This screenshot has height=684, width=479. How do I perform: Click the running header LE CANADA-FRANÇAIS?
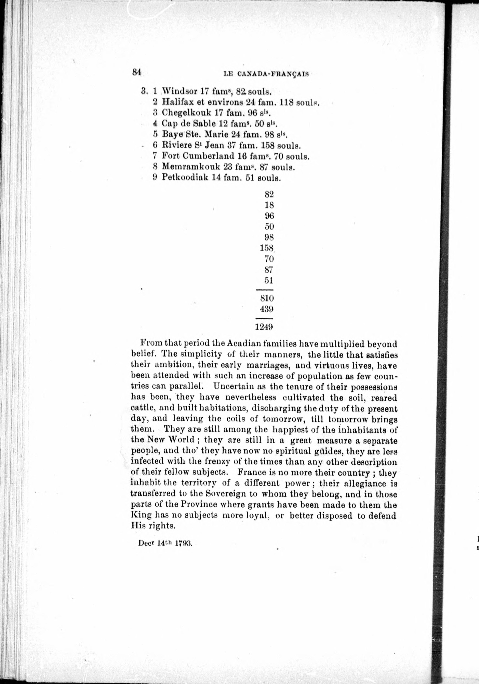[266, 74]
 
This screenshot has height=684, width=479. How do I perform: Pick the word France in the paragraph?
[251, 472]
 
